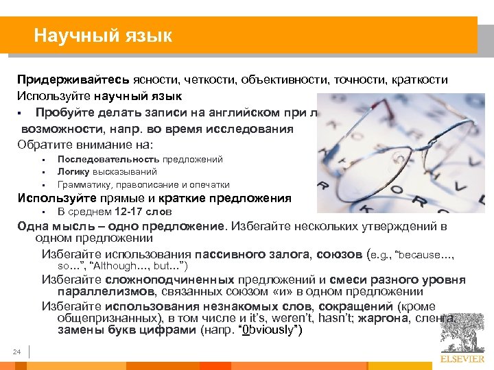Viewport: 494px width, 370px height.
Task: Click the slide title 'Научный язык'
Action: pyautogui.click(x=103, y=35)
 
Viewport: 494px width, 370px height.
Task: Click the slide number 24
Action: pyautogui.click(x=17, y=352)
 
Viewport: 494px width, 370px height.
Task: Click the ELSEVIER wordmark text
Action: pyautogui.click(x=462, y=358)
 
